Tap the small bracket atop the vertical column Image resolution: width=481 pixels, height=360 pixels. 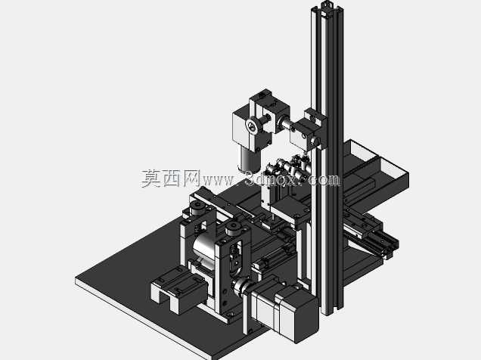point(327,5)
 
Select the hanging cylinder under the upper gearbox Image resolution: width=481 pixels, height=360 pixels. point(250,160)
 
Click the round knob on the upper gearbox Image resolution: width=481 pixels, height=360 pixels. point(253,126)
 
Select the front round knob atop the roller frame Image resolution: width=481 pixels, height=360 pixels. point(234,229)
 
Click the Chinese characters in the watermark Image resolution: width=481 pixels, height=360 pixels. point(171,178)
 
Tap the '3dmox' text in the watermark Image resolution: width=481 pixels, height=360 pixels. point(273,178)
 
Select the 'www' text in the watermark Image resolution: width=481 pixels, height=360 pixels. point(219,181)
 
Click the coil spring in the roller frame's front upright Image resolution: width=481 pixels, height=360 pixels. point(232,249)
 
